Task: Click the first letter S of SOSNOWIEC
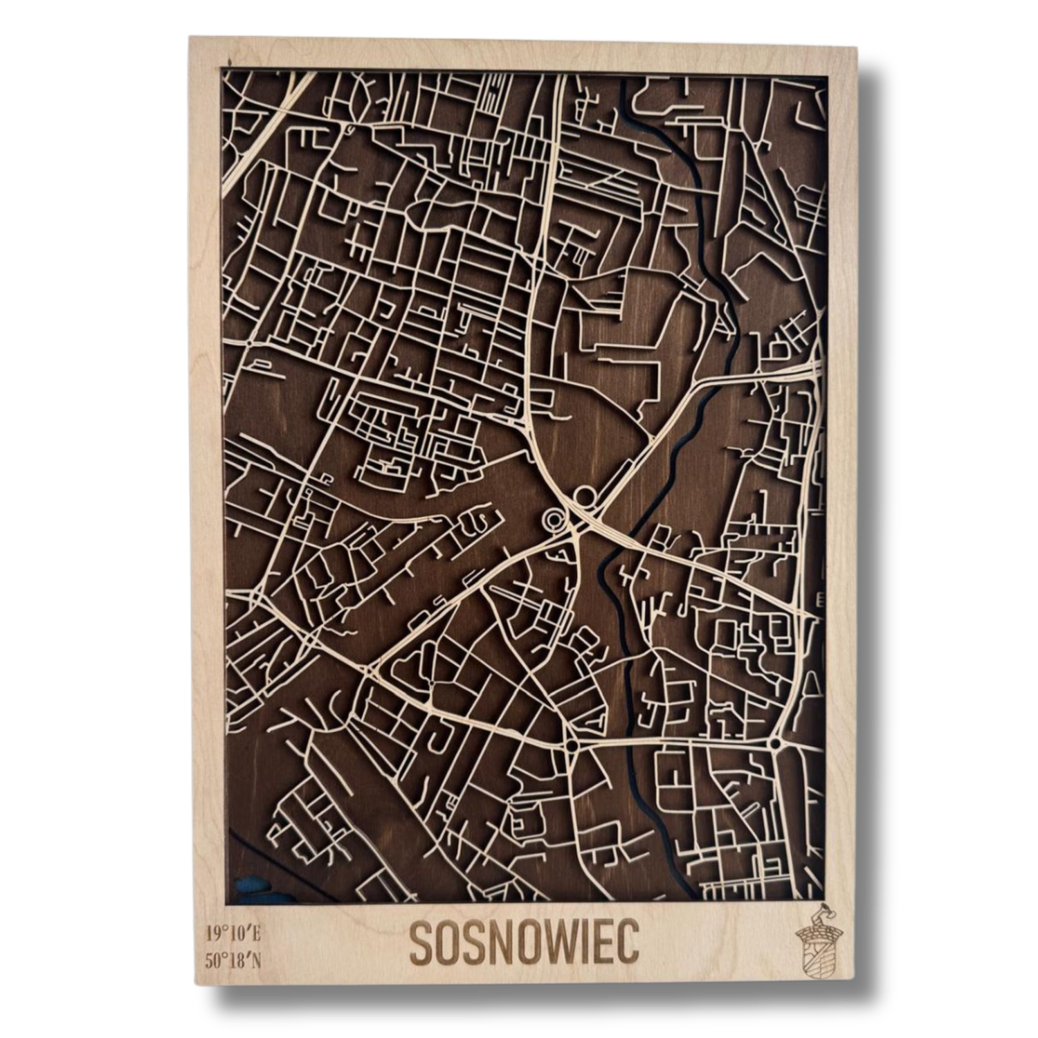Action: coord(421,943)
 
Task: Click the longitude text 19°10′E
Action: coord(233,934)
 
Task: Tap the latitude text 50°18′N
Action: coord(233,961)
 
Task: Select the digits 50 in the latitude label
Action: coord(214,961)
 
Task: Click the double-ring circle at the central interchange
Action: coord(553,520)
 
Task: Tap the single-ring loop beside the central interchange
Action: coord(585,495)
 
